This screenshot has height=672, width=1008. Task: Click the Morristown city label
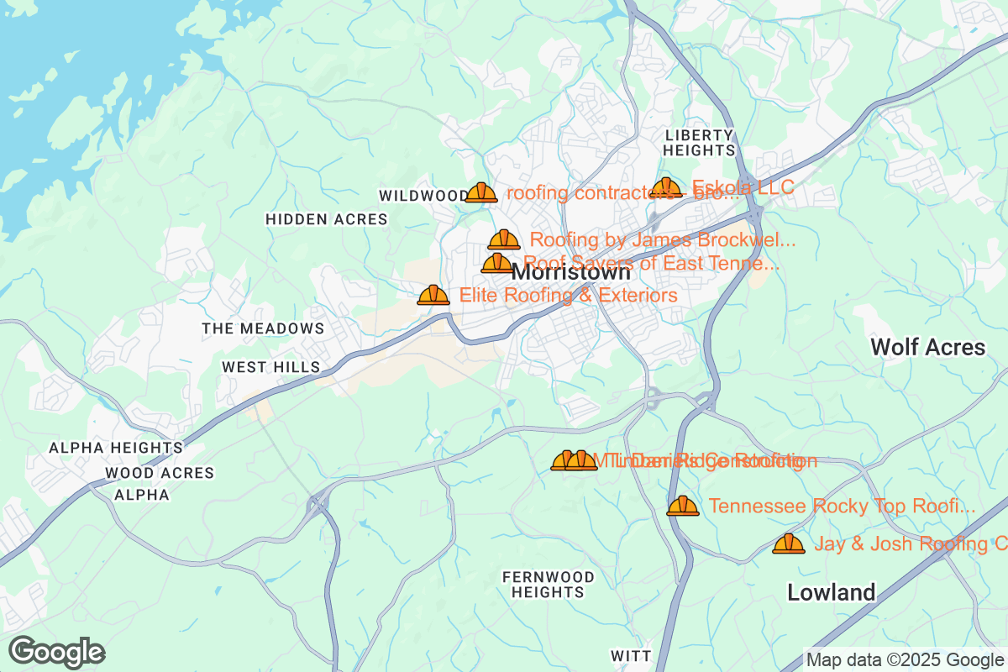point(571,273)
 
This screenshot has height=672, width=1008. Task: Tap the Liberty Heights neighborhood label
point(699,143)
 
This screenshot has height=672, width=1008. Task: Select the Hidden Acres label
point(326,219)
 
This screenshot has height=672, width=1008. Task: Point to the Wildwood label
point(423,196)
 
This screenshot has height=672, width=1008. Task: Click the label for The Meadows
point(263,328)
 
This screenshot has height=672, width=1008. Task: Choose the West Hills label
point(271,367)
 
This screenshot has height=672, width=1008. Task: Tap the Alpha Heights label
point(115,448)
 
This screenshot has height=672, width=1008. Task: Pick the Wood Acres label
point(160,473)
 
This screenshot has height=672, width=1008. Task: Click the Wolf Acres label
point(927,347)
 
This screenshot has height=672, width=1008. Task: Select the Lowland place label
point(831,592)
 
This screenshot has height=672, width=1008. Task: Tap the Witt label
point(630,655)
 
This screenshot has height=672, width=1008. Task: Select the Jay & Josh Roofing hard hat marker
point(788,543)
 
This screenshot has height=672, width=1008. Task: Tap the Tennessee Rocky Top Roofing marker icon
point(683,506)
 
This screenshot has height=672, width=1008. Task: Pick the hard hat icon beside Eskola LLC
point(666,187)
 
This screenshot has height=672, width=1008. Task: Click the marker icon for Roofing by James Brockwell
point(504,240)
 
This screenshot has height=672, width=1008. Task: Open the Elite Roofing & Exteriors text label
point(568,296)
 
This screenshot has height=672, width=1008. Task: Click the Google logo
point(57,652)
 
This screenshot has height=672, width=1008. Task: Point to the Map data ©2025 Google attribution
point(906,660)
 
